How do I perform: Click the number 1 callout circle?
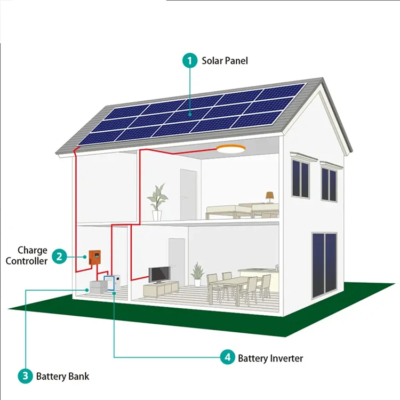pyautogui.click(x=189, y=61)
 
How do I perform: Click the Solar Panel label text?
pyautogui.click(x=225, y=61)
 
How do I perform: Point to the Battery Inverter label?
pyautogui.click(x=270, y=358)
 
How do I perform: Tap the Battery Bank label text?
pyautogui.click(x=63, y=377)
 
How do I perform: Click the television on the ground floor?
pyautogui.click(x=159, y=275)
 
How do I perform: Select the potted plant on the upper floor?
pyautogui.click(x=157, y=202)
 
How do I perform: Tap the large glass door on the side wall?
pyautogui.click(x=324, y=265)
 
